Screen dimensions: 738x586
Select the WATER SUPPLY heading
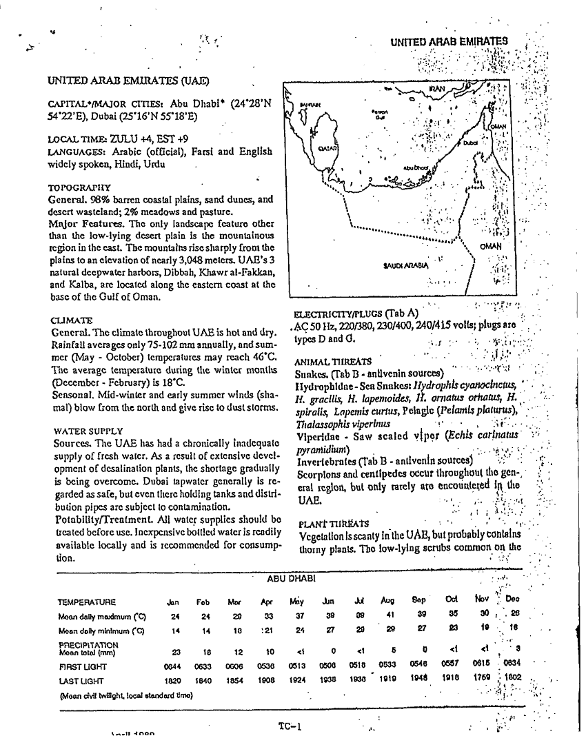pyautogui.click(x=85, y=431)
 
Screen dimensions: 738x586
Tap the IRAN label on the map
pyautogui.click(x=437, y=90)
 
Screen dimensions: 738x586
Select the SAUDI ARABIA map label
pyautogui.click(x=405, y=265)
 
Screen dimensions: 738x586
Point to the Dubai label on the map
pyautogui.click(x=470, y=143)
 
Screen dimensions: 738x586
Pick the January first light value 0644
pyautogui.click(x=172, y=666)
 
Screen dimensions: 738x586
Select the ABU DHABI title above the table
pyautogui.click(x=289, y=579)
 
